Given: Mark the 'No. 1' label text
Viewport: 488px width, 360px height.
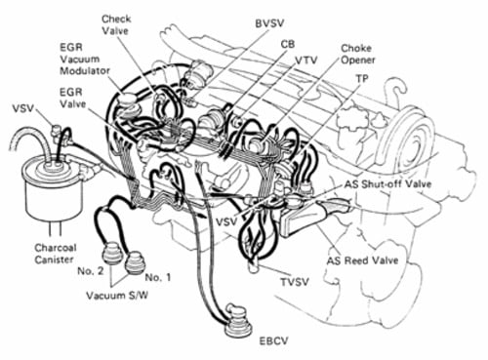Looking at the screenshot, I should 156,274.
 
